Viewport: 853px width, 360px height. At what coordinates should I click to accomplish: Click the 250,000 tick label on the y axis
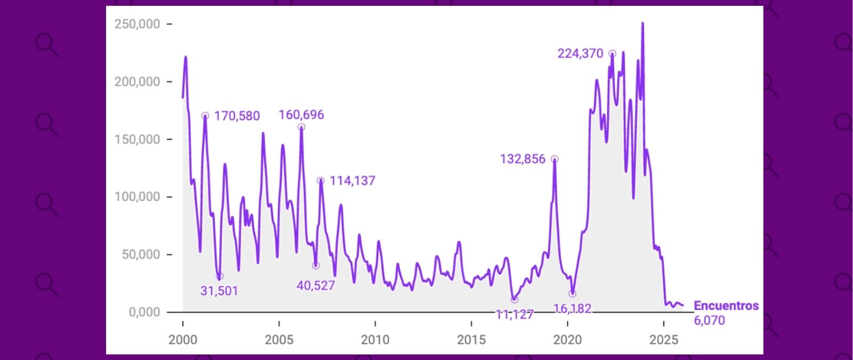click(x=137, y=25)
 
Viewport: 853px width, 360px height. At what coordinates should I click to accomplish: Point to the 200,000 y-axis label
click(x=137, y=82)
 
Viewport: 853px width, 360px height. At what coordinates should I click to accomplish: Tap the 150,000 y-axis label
click(x=137, y=140)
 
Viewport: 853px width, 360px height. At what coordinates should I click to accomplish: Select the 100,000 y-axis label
click(x=137, y=197)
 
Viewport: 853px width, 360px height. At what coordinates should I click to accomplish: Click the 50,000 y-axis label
click(x=140, y=255)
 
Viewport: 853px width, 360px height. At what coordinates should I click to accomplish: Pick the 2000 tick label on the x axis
click(x=183, y=340)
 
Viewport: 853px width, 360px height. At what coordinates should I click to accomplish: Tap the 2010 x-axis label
click(x=375, y=340)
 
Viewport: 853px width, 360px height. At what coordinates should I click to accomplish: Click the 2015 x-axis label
click(x=471, y=340)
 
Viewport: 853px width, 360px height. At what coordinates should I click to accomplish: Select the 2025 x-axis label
click(x=664, y=340)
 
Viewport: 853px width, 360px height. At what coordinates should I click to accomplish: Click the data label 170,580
click(x=237, y=116)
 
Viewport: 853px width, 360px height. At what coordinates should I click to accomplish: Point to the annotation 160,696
click(x=301, y=115)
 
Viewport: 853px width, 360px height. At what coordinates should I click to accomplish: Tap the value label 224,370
click(x=580, y=54)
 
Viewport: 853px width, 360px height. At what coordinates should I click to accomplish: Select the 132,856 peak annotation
click(x=522, y=159)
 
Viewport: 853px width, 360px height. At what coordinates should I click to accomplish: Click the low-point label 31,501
click(x=219, y=291)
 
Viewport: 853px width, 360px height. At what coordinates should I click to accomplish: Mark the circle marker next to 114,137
click(x=320, y=181)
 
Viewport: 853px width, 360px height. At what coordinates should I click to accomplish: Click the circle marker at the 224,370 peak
click(x=613, y=54)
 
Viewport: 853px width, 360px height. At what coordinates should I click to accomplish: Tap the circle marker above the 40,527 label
click(x=316, y=266)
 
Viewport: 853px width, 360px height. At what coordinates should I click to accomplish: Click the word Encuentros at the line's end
click(x=726, y=306)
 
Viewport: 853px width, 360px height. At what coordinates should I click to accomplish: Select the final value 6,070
click(x=709, y=321)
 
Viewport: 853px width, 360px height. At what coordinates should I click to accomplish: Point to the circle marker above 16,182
click(x=573, y=294)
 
